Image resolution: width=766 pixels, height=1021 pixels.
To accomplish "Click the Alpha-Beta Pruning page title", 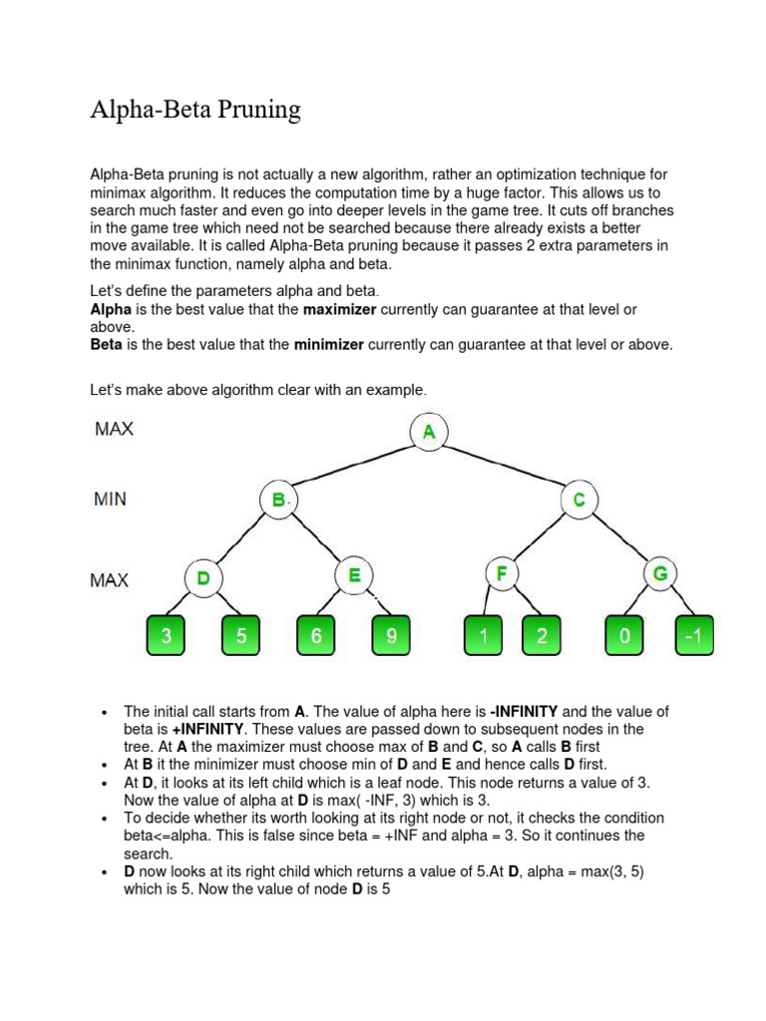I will pos(194,109).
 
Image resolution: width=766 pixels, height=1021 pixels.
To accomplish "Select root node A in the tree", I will pos(429,432).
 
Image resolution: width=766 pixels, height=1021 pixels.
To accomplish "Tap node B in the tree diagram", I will pos(278,500).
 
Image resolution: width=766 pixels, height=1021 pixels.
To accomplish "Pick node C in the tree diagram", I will pos(578,500).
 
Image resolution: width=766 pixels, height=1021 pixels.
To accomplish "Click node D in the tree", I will pos(203,577).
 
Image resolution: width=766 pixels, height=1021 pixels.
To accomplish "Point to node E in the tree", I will pos(354,576).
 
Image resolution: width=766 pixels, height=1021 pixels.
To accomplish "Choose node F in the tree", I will pos(503,574).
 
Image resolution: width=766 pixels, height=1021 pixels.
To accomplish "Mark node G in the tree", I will pos(660,574).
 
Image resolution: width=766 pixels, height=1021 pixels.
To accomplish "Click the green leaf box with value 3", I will pos(167,636).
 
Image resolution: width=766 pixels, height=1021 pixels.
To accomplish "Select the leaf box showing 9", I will pos(391,636).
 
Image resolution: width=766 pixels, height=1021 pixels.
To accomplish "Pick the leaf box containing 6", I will pos(316,636).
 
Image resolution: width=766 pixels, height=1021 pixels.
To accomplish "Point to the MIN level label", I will pos(110,499).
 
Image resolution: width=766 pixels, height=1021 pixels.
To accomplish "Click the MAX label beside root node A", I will pos(114,430).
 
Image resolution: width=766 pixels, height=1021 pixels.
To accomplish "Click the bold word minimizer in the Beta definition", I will pos(330,345).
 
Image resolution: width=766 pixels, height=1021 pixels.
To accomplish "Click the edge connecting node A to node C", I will pos(504,466).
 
